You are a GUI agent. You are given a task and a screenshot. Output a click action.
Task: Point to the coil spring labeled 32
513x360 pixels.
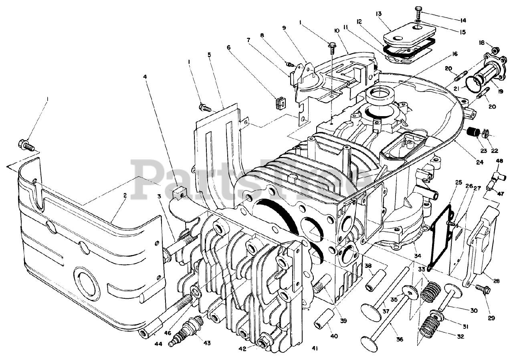pos(429,325)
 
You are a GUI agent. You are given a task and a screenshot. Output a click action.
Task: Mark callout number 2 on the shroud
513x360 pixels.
pos(125,195)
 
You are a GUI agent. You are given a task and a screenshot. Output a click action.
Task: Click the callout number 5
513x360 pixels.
pos(209,54)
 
